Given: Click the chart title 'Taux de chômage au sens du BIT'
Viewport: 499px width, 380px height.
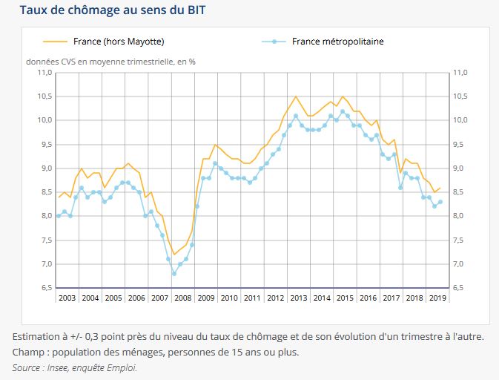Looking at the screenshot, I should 113,11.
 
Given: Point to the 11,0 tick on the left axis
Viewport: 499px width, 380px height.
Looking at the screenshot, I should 44,73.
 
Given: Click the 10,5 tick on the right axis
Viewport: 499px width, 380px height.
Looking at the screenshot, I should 460,96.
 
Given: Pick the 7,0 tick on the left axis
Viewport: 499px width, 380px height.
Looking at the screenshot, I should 44,264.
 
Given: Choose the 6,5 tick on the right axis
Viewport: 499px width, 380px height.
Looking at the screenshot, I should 460,288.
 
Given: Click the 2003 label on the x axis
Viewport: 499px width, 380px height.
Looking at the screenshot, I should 67,298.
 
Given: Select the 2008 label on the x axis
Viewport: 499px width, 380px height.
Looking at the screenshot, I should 183,298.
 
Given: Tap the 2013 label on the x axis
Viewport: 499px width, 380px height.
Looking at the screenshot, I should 299,298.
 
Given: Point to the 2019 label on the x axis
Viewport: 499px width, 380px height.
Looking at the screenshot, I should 437,298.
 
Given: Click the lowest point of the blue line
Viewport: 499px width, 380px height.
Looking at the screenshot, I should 174,274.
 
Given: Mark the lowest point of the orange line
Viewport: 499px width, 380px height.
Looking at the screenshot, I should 174,255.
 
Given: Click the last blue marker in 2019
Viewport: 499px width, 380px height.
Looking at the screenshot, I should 440,202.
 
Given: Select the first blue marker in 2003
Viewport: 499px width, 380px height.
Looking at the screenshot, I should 59,216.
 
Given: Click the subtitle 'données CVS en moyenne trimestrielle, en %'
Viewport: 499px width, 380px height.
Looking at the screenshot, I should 111,61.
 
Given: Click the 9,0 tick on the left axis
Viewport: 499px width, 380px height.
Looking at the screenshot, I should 44,168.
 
